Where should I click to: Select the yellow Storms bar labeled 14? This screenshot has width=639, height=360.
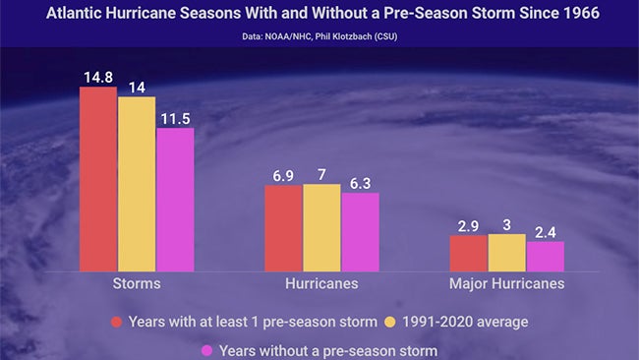point(137,184)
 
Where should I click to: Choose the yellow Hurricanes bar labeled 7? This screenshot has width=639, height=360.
point(321,227)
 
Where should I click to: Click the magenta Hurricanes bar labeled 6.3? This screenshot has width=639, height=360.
point(360,232)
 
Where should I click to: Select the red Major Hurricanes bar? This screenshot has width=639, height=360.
point(468,254)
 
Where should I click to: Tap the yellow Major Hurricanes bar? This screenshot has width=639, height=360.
point(507,253)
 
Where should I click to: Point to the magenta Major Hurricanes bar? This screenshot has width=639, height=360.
point(546,257)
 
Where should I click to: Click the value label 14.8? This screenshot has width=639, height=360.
point(98,75)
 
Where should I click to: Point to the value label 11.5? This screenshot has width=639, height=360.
point(175,117)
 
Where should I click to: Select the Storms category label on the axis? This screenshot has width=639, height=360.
point(137,284)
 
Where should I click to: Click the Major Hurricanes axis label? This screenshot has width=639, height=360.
point(507,284)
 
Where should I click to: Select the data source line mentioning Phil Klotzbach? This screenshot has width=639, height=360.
point(319,37)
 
